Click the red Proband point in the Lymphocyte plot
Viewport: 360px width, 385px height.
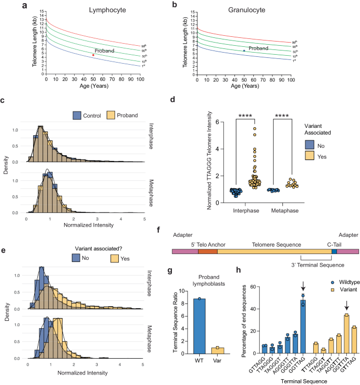tap(94, 55)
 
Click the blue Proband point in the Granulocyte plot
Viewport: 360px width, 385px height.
tap(244, 50)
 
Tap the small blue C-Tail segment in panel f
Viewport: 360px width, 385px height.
tap(334, 252)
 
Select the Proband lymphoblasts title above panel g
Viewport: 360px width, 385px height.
tap(207, 281)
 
